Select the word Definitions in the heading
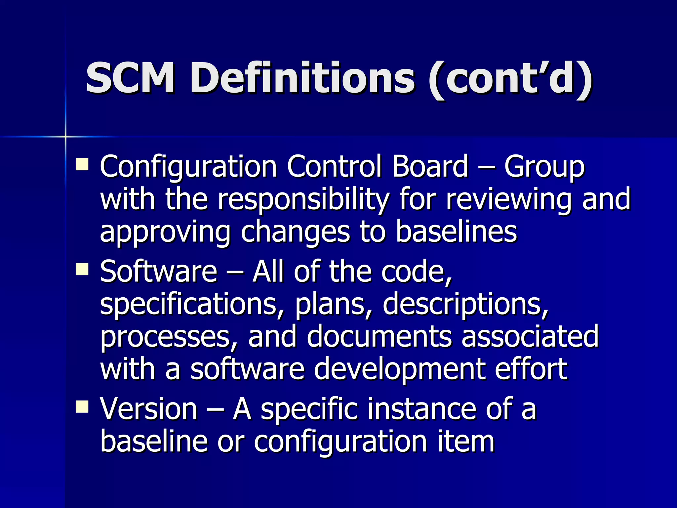click(302, 78)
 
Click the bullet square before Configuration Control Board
click(82, 164)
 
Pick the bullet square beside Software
click(82, 269)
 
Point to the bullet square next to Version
click(82, 406)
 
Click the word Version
click(149, 409)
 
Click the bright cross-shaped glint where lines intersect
click(65, 136)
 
